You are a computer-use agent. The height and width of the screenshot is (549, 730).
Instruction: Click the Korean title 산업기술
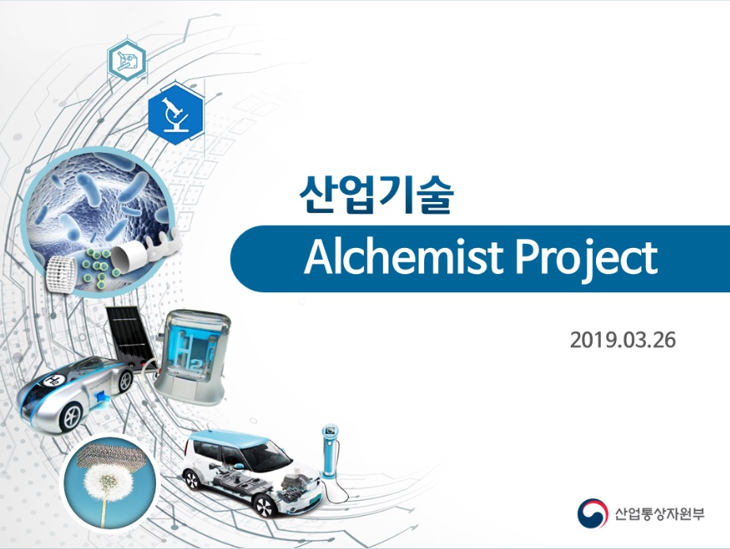(x=376, y=195)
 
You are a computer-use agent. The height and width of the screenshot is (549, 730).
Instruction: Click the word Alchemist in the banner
(x=403, y=257)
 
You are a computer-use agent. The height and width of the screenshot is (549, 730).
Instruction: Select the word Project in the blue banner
(x=587, y=259)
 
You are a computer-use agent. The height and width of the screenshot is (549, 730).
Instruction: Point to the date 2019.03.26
(x=622, y=340)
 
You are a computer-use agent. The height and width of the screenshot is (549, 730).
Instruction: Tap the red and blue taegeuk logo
(x=592, y=513)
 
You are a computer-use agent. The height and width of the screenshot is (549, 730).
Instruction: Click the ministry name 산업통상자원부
(x=659, y=513)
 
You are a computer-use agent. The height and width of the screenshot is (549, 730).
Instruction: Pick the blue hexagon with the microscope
(x=176, y=114)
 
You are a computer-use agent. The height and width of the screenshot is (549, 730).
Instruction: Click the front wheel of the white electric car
(x=264, y=505)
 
